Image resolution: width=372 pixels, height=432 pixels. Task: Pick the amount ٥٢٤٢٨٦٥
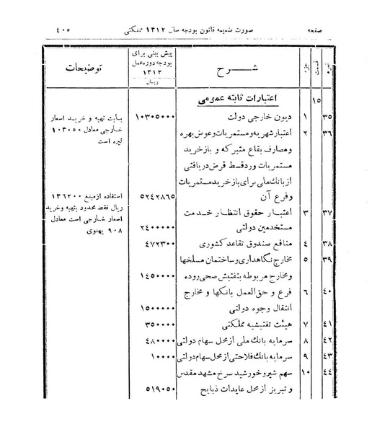[x=151, y=194]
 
